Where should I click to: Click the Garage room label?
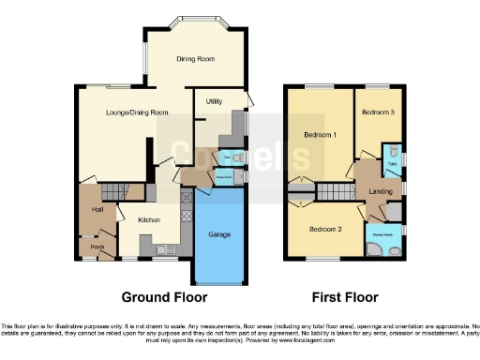click(218, 234)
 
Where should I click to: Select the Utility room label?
click(214, 97)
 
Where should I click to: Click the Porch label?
click(96, 247)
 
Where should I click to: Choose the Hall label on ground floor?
click(96, 210)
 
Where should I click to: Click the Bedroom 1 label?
click(320, 135)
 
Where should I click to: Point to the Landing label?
click(382, 192)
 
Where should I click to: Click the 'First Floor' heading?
click(347, 297)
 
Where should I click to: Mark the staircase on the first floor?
click(330, 192)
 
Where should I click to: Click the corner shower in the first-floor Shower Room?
click(377, 247)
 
